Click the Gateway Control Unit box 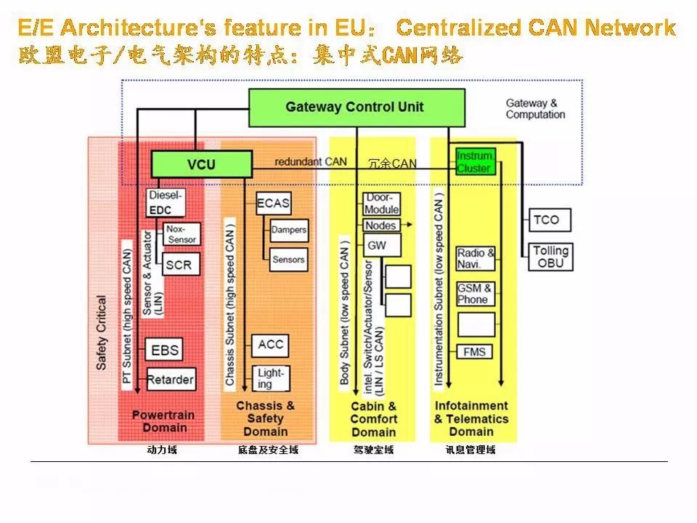tap(356, 108)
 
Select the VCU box tap(201, 164)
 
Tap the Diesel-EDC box tap(166, 203)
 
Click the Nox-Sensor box tap(182, 234)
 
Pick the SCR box tap(181, 264)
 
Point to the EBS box tap(164, 350)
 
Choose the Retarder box tap(171, 379)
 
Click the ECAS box tap(274, 203)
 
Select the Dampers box tap(289, 230)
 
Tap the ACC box tap(270, 346)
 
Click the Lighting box tap(271, 378)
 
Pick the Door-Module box tap(381, 203)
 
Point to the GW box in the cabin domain tap(382, 245)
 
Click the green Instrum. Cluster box tap(475, 162)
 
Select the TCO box tap(550, 220)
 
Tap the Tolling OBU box tap(551, 257)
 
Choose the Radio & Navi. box tap(476, 259)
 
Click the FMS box tap(475, 352)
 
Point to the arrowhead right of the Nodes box tap(409, 225)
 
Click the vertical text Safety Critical tap(102, 333)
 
